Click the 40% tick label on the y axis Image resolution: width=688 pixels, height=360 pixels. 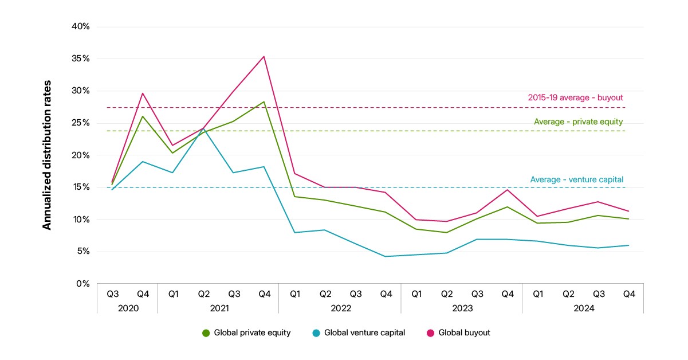pyautogui.click(x=80, y=26)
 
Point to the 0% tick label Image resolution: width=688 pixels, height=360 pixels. pyautogui.click(x=83, y=283)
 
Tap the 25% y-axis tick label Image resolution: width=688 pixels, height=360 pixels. pyautogui.click(x=80, y=123)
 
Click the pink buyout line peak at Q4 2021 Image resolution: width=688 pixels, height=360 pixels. pyautogui.click(x=264, y=57)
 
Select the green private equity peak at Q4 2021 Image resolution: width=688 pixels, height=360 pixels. pyautogui.click(x=264, y=102)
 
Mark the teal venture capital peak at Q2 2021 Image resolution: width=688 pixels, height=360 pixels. pyautogui.click(x=203, y=129)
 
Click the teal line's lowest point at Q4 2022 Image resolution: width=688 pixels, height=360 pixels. pyautogui.click(x=385, y=256)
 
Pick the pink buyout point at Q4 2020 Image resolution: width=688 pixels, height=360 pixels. pyautogui.click(x=143, y=93)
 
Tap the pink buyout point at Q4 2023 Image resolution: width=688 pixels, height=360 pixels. pyautogui.click(x=508, y=190)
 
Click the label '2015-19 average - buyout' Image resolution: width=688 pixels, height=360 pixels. pyautogui.click(x=575, y=97)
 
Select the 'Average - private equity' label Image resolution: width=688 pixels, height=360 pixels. pyautogui.click(x=579, y=122)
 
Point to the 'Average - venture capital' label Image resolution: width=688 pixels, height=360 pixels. pyautogui.click(x=576, y=179)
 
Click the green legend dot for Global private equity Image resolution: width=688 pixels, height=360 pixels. pyautogui.click(x=206, y=333)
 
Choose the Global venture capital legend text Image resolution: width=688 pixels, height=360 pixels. pyautogui.click(x=364, y=332)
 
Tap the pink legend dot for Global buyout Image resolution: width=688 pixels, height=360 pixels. pyautogui.click(x=431, y=333)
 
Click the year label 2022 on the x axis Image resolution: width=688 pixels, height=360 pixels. pyautogui.click(x=341, y=308)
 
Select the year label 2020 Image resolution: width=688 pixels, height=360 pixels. pyautogui.click(x=128, y=308)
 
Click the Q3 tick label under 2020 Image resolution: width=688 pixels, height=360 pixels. pyautogui.click(x=113, y=294)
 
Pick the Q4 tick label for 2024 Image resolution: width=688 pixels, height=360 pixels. pyautogui.click(x=629, y=294)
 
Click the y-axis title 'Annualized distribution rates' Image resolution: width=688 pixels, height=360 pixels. pyautogui.click(x=46, y=155)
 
